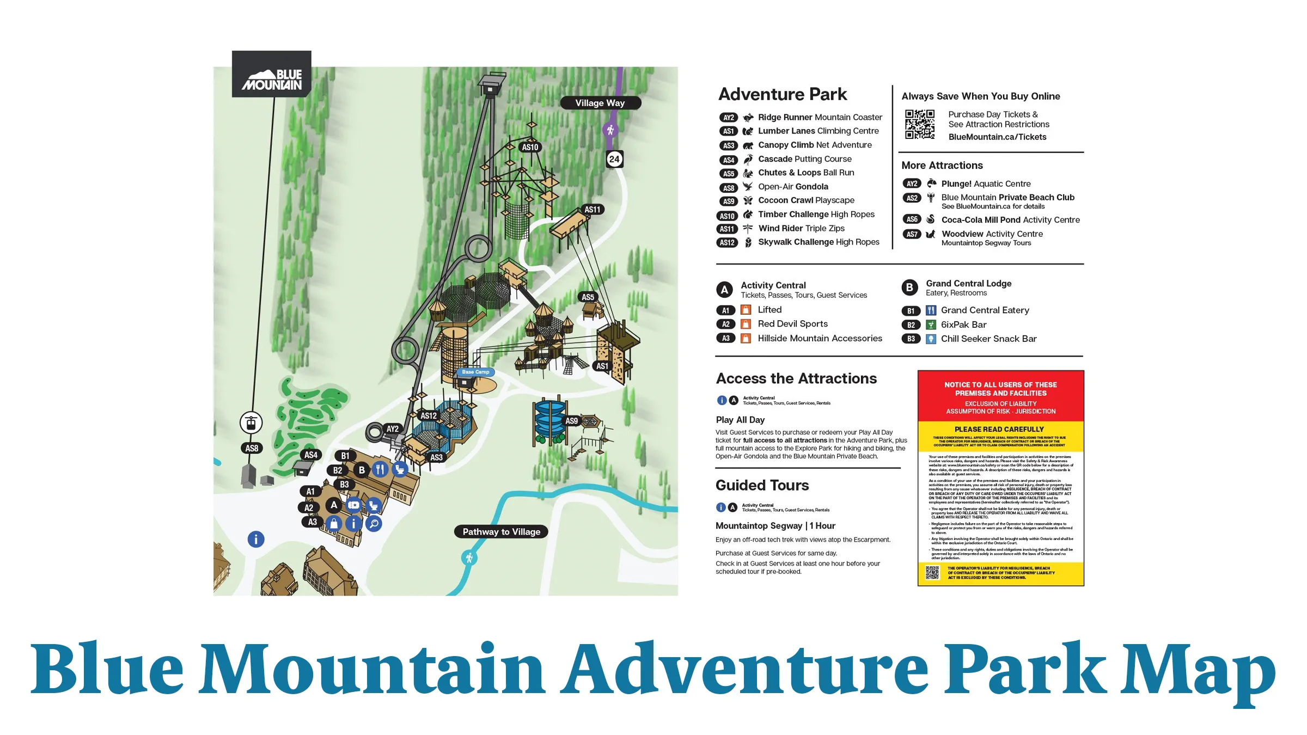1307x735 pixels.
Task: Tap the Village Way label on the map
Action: coord(600,103)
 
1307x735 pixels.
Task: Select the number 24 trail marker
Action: coord(614,159)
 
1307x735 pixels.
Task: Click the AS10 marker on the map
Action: coord(530,147)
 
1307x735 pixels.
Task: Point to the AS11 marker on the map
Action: coord(593,210)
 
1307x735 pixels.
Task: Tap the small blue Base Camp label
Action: coord(475,372)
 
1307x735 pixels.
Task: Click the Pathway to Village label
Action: coord(501,531)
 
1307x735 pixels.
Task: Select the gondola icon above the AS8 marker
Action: coord(251,422)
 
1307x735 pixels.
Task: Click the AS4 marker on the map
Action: coord(311,455)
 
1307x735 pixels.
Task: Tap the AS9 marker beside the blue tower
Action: coord(571,421)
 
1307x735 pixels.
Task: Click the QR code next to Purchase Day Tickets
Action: coord(920,124)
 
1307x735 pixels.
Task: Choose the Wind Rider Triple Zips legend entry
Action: coord(801,229)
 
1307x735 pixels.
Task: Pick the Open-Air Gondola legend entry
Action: coord(793,187)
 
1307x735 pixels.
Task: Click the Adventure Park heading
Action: coord(783,94)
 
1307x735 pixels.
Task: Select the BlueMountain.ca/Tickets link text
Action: coord(997,137)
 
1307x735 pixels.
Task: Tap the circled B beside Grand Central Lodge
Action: coord(909,287)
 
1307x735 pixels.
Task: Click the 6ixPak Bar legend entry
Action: coord(963,324)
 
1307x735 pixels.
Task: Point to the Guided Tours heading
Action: coord(762,485)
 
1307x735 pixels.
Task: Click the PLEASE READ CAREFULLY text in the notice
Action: coord(999,429)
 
